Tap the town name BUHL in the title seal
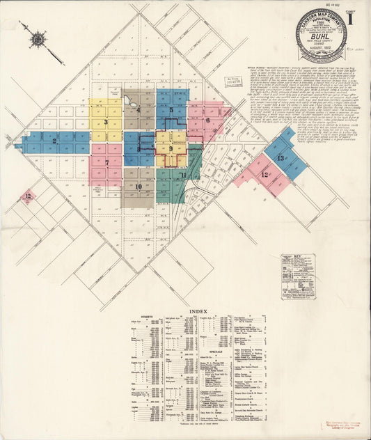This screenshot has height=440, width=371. [x=320, y=41]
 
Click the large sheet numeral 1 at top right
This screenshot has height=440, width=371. [x=357, y=18]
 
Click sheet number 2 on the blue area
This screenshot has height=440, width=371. [x=54, y=141]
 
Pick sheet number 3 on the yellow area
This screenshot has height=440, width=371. [x=106, y=122]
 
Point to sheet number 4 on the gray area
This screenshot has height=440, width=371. [x=139, y=110]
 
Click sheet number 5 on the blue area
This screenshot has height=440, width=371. [x=171, y=110]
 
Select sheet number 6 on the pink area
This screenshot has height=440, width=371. [x=207, y=120]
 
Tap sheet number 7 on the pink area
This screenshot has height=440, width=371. [x=106, y=163]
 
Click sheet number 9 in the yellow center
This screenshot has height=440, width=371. [x=171, y=149]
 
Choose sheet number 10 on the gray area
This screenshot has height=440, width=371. [x=139, y=187]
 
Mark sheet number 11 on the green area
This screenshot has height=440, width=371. [x=182, y=175]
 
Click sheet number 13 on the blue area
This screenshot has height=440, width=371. [x=281, y=158]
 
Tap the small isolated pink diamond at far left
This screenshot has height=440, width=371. [x=28, y=197]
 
